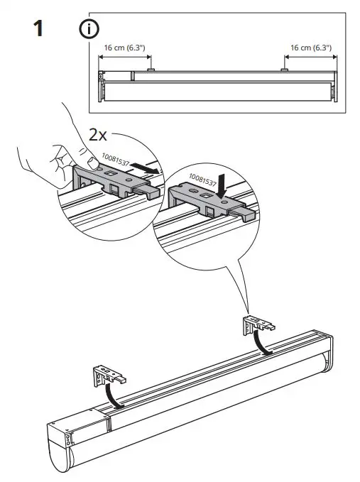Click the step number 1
40,31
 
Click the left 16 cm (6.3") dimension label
124,49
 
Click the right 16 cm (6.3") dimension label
311,49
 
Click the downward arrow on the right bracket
223,186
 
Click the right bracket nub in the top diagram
284,70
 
